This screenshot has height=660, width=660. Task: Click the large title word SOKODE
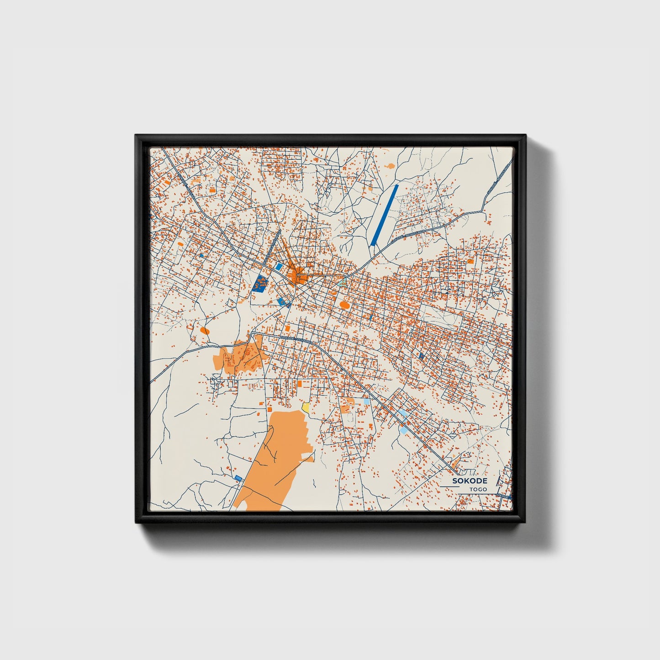[x=470, y=481]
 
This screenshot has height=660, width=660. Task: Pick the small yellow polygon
[x=306, y=406]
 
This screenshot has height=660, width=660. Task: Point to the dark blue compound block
[x=260, y=284]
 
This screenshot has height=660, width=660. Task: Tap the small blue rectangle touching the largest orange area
[x=238, y=478]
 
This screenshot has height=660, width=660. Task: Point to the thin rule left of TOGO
[x=450, y=487]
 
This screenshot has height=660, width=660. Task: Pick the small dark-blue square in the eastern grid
[x=421, y=355]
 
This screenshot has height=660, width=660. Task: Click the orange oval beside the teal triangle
[x=344, y=304]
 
